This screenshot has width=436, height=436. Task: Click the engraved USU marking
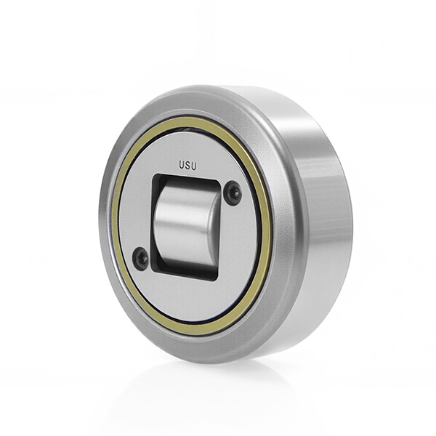(187, 166)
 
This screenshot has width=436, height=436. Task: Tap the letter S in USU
(187, 166)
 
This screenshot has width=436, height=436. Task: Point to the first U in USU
(181, 165)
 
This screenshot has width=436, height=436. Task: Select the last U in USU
(194, 166)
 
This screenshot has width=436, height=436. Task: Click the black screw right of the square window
(233, 193)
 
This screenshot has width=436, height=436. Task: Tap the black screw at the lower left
(141, 258)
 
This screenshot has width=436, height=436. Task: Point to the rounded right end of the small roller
(215, 230)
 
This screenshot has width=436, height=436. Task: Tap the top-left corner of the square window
(154, 175)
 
